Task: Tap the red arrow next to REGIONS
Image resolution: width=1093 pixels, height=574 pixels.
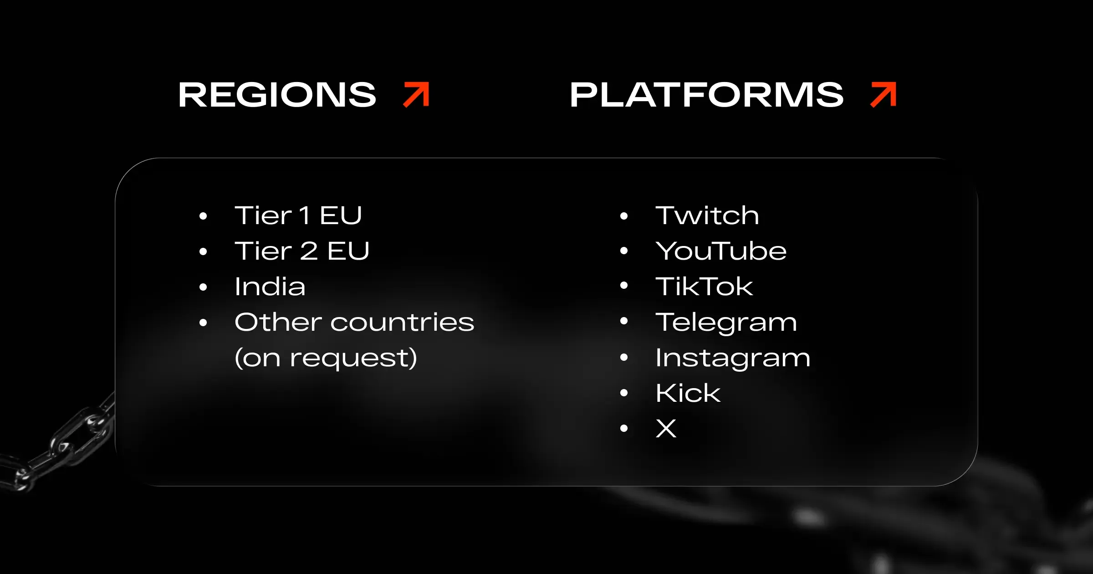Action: [416, 95]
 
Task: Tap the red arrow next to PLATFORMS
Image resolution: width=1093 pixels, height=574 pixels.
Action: [883, 95]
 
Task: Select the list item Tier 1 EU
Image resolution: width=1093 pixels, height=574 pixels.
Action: [298, 215]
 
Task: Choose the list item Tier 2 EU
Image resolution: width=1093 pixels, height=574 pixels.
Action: [301, 251]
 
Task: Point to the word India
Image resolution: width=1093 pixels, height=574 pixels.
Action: [270, 287]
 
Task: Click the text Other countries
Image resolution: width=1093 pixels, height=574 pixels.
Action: [354, 322]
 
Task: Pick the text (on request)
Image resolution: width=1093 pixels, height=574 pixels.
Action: [326, 358]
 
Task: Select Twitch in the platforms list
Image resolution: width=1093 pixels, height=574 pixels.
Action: [707, 215]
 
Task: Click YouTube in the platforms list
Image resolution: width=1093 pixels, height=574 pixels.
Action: [720, 251]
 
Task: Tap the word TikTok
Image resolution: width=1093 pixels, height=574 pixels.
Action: [704, 287]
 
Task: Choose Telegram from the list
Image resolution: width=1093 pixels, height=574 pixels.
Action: [726, 323]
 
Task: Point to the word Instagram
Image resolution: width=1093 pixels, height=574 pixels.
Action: [732, 358]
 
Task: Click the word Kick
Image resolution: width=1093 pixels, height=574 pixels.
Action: [688, 393]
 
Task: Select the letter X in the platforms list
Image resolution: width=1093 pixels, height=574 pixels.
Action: [666, 429]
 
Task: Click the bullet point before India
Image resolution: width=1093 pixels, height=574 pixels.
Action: [203, 287]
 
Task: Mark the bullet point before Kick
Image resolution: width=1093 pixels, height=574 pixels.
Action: [624, 393]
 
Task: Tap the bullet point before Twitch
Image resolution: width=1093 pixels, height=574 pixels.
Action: [624, 216]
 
